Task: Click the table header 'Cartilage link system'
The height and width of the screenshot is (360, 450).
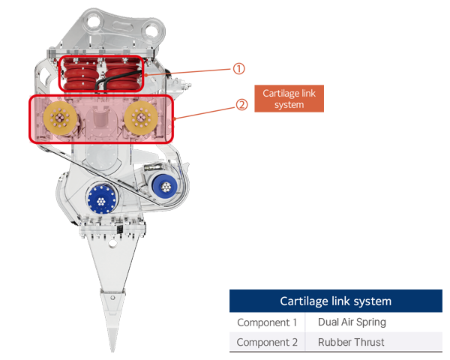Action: click(335, 301)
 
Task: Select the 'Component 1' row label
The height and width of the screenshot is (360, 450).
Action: click(267, 322)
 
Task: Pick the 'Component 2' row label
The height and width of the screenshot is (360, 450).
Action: click(267, 342)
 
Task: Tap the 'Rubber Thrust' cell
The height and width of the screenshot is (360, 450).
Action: click(351, 342)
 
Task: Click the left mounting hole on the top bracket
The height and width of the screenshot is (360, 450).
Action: click(100, 31)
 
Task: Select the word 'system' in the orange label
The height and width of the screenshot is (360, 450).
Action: click(289, 105)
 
